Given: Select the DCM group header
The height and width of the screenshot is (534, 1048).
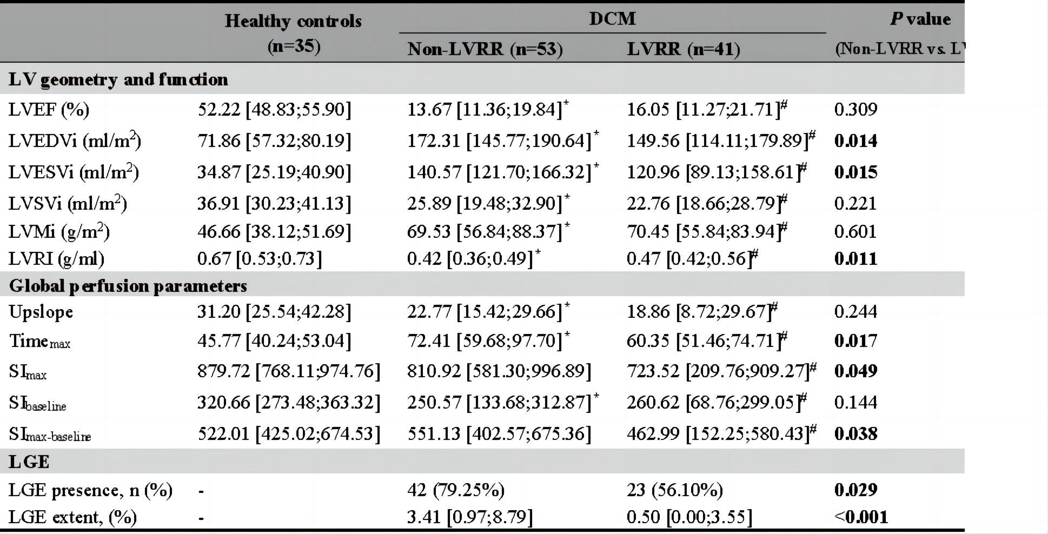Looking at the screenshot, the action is [x=612, y=18].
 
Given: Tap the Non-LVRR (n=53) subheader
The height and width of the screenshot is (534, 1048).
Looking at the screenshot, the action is [x=485, y=49].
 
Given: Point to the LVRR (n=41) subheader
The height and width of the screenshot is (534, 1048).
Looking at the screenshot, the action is [x=684, y=49].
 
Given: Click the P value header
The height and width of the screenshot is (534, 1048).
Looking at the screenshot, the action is [x=920, y=19].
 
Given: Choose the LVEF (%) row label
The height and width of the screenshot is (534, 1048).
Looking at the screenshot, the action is [x=49, y=110].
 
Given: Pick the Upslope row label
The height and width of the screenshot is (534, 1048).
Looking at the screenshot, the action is [x=41, y=312].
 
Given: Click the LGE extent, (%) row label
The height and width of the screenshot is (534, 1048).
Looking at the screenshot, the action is [x=72, y=517].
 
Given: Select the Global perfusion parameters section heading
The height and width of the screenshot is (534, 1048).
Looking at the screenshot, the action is [x=128, y=285].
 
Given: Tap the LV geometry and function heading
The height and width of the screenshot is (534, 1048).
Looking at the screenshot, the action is [x=118, y=79].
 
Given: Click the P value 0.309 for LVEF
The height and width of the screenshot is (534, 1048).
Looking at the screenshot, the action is [x=855, y=109].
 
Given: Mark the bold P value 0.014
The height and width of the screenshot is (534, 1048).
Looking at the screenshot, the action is [x=855, y=141].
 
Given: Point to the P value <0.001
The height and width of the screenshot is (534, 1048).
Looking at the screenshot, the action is [x=861, y=517].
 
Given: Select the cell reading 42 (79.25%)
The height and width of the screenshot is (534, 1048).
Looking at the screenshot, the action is [x=456, y=490].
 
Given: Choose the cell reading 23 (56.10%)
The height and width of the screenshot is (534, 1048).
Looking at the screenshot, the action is [x=675, y=490].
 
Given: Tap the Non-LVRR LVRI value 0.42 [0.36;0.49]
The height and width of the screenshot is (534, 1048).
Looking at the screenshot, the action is [x=474, y=258].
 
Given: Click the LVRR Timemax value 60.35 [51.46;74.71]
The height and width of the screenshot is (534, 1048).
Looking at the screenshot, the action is [x=707, y=341].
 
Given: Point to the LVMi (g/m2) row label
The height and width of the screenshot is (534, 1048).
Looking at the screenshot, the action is [x=59, y=231].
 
